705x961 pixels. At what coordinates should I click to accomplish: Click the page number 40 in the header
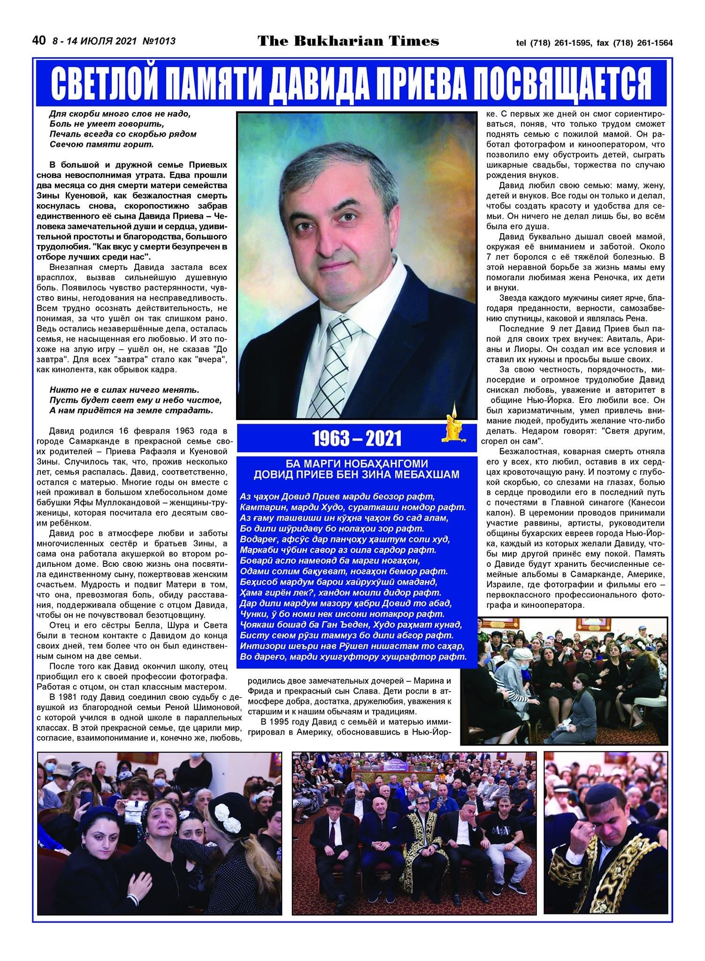tap(38, 40)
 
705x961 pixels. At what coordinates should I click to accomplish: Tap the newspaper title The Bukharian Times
tap(348, 41)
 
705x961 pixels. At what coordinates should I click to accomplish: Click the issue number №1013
tap(158, 41)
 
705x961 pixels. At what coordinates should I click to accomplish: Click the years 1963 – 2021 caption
tap(357, 439)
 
